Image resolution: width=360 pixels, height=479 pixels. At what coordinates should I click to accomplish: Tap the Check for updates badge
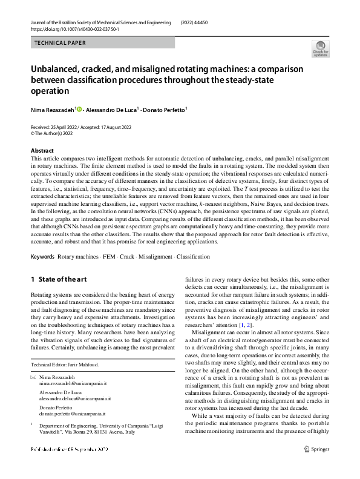(320, 48)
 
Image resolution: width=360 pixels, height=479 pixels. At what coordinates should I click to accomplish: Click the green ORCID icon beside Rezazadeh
(79, 108)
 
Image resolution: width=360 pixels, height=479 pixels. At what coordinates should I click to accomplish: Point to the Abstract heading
(42, 150)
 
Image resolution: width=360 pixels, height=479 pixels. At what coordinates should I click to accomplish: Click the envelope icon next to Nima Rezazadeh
(33, 378)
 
